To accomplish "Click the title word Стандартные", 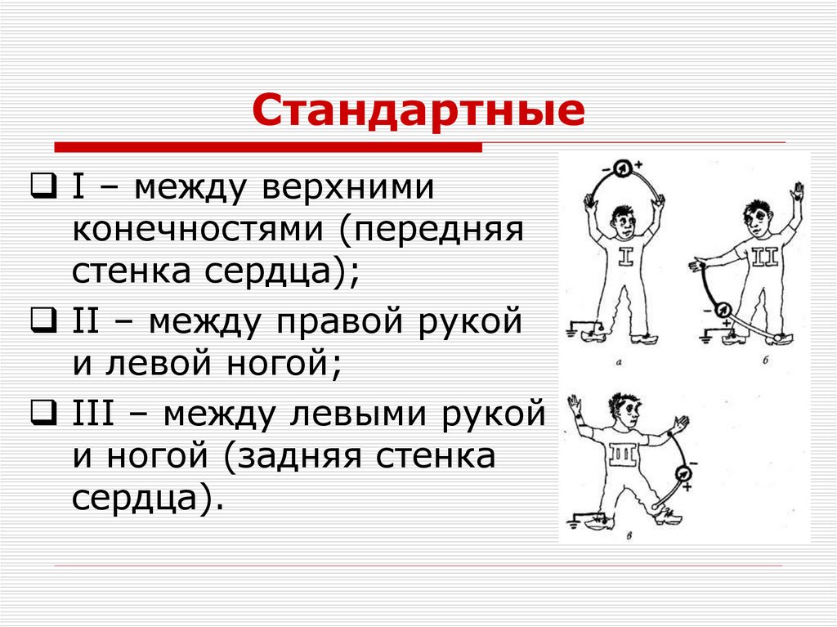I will (x=418, y=112).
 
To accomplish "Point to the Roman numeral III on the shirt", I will (x=619, y=452).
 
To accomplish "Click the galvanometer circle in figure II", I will (x=722, y=309).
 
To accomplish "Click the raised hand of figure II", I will (x=794, y=194).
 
